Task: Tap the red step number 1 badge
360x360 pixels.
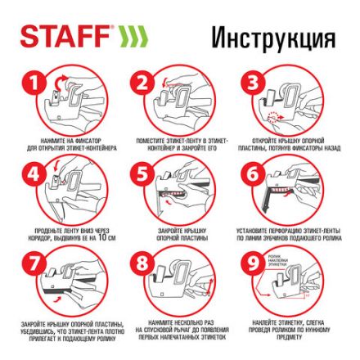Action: tap(33, 83)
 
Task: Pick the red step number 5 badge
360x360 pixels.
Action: tap(142, 173)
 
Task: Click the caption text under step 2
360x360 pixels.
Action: tap(181, 146)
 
